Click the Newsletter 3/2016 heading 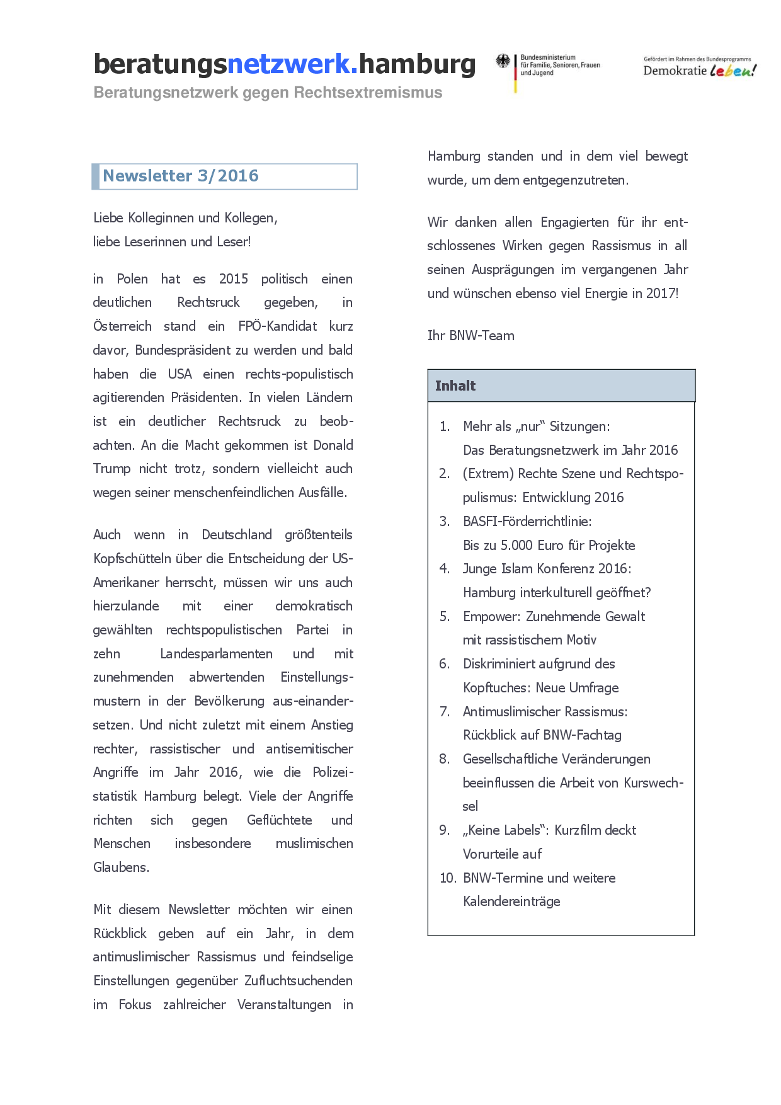(x=181, y=176)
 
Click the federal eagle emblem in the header (x=503, y=62)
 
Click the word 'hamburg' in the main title (x=418, y=64)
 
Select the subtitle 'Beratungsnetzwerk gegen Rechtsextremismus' (x=268, y=93)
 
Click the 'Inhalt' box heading (x=455, y=386)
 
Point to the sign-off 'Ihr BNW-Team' (x=471, y=336)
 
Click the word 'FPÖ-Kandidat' (x=278, y=326)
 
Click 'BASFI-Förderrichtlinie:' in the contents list (x=527, y=522)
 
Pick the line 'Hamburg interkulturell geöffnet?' (x=557, y=593)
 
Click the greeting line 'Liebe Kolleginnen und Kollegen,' (x=186, y=218)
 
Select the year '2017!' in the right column (x=662, y=294)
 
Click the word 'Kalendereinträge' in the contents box (x=511, y=902)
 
